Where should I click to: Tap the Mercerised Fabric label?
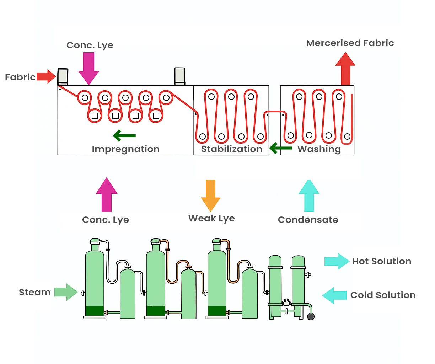(350, 43)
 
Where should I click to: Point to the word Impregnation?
(125, 149)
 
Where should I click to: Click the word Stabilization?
(231, 149)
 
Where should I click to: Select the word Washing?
(319, 149)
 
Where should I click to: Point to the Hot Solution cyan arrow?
(337, 261)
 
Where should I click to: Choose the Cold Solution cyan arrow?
(334, 295)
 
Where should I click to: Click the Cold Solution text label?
(383, 295)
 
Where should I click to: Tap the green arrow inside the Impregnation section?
(124, 135)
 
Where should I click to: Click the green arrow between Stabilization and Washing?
(280, 148)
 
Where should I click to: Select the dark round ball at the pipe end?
(311, 316)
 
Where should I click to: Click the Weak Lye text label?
(211, 219)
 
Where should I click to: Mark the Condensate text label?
(308, 220)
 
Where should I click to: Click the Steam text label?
(35, 292)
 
